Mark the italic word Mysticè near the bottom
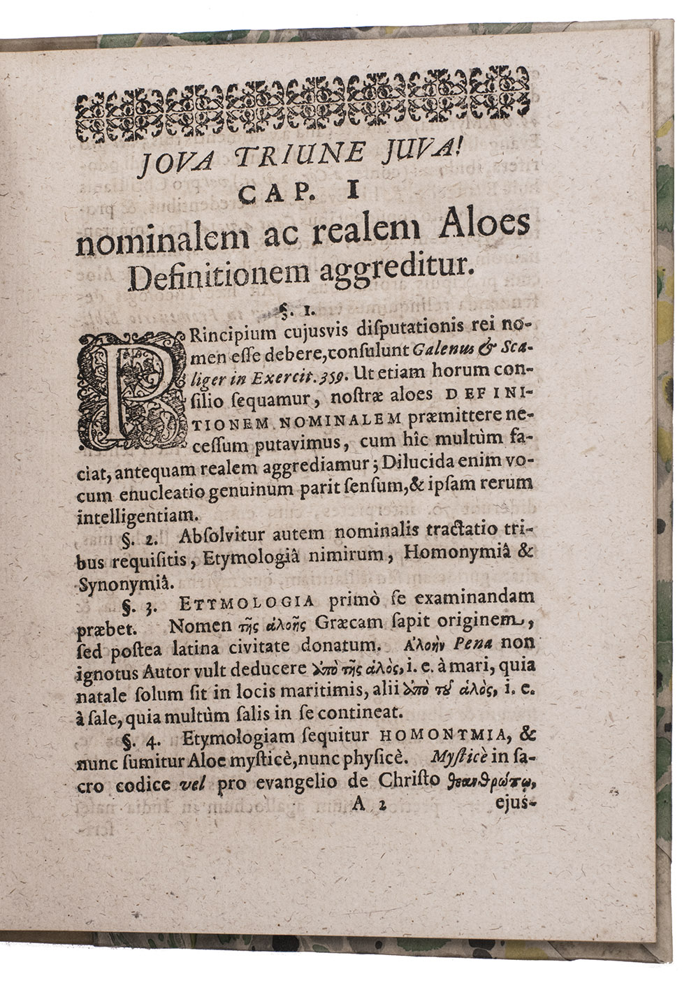tap(454, 758)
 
